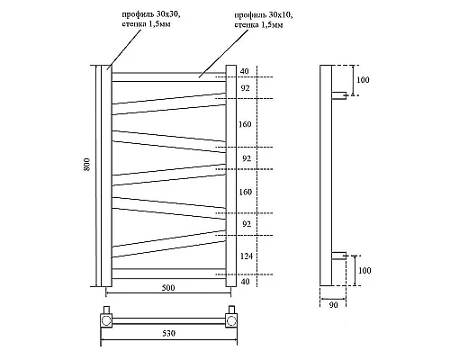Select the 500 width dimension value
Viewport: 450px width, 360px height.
168,288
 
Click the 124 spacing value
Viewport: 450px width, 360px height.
247,256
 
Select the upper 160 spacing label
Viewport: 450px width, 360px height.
247,124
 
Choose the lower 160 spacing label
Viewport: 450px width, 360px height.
247,191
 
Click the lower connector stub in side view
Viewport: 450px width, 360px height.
342,256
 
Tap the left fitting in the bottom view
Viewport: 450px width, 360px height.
107,318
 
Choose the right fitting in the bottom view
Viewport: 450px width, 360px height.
231,318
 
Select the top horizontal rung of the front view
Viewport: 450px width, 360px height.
168,76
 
